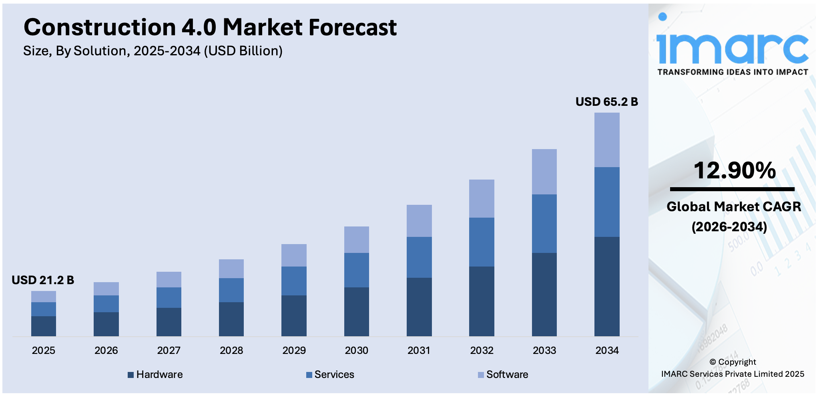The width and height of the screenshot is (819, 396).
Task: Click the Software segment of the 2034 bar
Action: click(x=607, y=140)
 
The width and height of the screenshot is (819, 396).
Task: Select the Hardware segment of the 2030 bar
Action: click(x=357, y=311)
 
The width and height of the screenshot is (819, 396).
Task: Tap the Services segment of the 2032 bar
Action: click(x=482, y=242)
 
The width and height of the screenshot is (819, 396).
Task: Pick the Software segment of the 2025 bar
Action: click(x=44, y=297)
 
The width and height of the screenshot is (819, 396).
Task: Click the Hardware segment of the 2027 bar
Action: click(x=169, y=322)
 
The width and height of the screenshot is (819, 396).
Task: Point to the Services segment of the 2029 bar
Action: click(x=294, y=281)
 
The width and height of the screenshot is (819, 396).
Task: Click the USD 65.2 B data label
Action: click(x=606, y=102)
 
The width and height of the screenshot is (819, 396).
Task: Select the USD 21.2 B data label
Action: click(x=43, y=280)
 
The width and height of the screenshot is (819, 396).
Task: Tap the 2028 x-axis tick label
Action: click(x=231, y=351)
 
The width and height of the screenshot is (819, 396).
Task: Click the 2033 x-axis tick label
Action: click(x=544, y=351)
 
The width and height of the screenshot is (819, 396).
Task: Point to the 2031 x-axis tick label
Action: click(x=419, y=351)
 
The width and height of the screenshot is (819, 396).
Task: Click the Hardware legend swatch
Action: click(x=130, y=375)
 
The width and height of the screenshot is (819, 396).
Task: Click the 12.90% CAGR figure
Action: click(x=735, y=170)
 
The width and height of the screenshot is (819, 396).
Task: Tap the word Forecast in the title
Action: click(x=352, y=28)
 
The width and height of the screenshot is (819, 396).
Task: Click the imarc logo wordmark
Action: click(x=733, y=49)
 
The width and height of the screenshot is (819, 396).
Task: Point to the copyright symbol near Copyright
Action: click(x=713, y=362)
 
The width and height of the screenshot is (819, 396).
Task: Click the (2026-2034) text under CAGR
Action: click(x=729, y=227)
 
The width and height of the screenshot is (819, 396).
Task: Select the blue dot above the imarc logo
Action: click(x=662, y=16)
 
